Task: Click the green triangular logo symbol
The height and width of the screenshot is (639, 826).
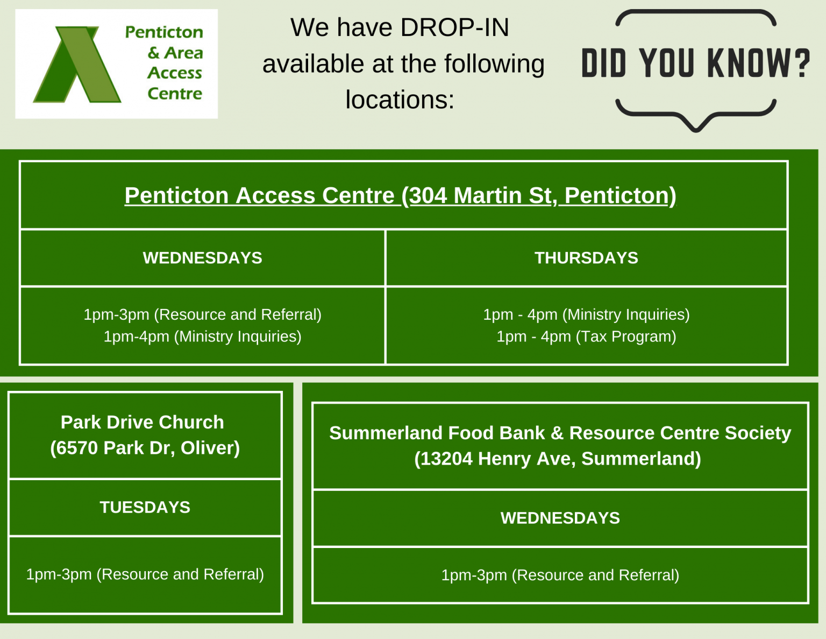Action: click(x=77, y=65)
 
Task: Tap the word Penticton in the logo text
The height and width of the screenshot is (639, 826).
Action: click(x=164, y=32)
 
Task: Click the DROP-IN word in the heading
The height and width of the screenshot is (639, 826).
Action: click(x=455, y=27)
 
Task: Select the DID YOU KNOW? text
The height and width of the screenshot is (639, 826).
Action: click(x=695, y=64)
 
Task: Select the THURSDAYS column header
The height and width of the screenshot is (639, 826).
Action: click(x=586, y=258)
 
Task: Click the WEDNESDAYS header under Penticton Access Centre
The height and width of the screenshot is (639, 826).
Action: click(x=202, y=258)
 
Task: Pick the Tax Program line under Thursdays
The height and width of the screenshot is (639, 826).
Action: click(x=586, y=336)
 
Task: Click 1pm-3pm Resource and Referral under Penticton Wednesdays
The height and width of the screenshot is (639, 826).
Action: click(x=202, y=314)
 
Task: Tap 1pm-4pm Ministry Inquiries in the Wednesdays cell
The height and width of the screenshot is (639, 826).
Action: click(x=202, y=336)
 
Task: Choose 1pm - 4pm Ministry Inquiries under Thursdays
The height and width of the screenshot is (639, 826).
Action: click(x=586, y=314)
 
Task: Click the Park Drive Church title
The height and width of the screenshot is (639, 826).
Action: click(x=142, y=422)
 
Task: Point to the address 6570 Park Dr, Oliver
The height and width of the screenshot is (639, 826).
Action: click(x=145, y=448)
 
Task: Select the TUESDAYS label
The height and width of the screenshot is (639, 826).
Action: click(x=145, y=507)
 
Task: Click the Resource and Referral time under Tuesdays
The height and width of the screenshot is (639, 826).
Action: click(x=145, y=574)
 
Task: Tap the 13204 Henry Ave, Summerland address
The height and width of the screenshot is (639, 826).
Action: click(x=558, y=459)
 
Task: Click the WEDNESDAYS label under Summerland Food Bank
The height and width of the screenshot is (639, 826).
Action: click(x=560, y=518)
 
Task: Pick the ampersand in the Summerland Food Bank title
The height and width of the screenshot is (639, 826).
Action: click(x=558, y=433)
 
